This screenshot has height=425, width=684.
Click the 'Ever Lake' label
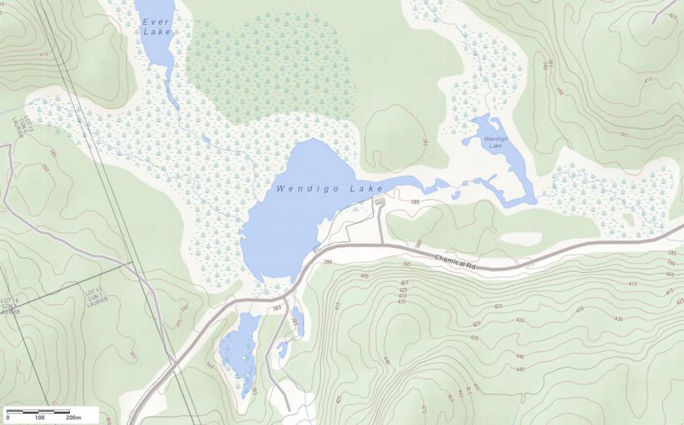click(x=157, y=27)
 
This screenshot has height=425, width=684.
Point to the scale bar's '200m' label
click(x=74, y=418)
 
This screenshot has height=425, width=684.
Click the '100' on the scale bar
click(x=40, y=418)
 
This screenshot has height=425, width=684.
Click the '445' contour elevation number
click(x=520, y=369)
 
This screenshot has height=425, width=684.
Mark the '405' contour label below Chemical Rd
click(x=364, y=275)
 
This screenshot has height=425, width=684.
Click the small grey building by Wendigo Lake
click(x=378, y=201)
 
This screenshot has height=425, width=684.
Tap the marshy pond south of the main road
click(x=239, y=351)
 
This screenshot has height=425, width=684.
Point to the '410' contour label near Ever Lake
click(x=43, y=55)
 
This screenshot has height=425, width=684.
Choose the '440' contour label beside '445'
click(x=520, y=357)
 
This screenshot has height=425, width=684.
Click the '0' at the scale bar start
click(x=8, y=418)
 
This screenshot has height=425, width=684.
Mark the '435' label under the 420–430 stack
click(x=401, y=302)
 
